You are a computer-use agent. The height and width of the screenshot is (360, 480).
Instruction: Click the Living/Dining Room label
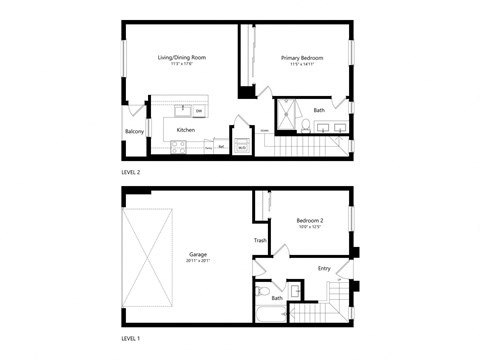tap(182, 59)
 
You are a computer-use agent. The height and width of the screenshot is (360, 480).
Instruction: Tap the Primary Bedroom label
tap(301, 59)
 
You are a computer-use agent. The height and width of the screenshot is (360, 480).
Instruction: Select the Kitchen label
tap(186, 130)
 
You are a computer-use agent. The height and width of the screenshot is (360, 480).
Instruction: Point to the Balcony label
tap(134, 131)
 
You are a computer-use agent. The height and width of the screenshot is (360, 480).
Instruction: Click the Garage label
tap(198, 254)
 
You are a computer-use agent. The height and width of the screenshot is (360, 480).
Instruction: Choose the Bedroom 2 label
tap(310, 220)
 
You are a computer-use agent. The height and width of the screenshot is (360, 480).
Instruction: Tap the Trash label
tap(259, 240)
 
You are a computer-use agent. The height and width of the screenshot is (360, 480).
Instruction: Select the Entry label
tap(324, 268)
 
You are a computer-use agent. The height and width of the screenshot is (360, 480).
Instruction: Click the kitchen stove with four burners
tap(179, 146)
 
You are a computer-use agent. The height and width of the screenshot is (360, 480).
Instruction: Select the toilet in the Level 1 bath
tap(259, 292)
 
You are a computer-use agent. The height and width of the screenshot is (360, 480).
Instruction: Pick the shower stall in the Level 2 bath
tap(289, 114)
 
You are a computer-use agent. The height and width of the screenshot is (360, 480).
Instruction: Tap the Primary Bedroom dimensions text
tap(301, 65)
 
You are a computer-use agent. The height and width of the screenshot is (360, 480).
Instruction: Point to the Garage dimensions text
tap(198, 261)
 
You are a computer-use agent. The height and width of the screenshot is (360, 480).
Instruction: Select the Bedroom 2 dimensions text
tap(310, 227)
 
